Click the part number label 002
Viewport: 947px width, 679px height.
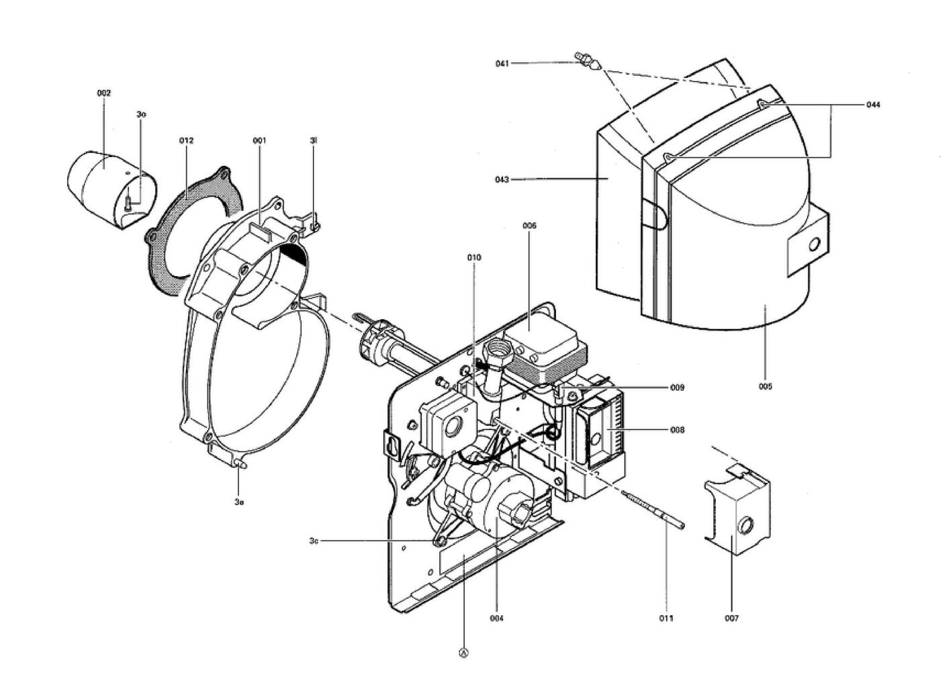[103, 93]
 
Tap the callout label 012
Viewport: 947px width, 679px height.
[186, 140]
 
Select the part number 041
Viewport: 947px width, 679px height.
[502, 64]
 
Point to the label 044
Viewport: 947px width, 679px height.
[872, 105]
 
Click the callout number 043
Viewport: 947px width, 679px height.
[502, 179]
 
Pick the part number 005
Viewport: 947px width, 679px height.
[766, 386]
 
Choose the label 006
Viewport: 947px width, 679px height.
[529, 226]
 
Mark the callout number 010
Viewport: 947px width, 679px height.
[474, 257]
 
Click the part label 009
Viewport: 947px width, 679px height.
[677, 388]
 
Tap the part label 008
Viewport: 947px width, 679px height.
[677, 430]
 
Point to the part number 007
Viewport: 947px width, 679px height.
[731, 618]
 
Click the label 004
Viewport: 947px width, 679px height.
[496, 618]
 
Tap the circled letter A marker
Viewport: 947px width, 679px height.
[463, 651]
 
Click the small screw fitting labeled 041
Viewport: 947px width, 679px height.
[587, 61]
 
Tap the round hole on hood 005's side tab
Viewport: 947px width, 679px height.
[814, 245]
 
